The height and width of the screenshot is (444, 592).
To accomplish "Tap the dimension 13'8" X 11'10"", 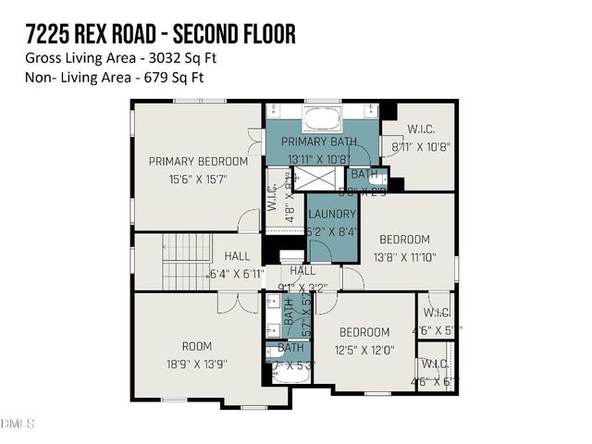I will (404, 256).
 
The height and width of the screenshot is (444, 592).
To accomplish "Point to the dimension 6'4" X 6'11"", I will (237, 274).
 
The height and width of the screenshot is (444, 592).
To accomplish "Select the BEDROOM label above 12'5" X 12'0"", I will (364, 332).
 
